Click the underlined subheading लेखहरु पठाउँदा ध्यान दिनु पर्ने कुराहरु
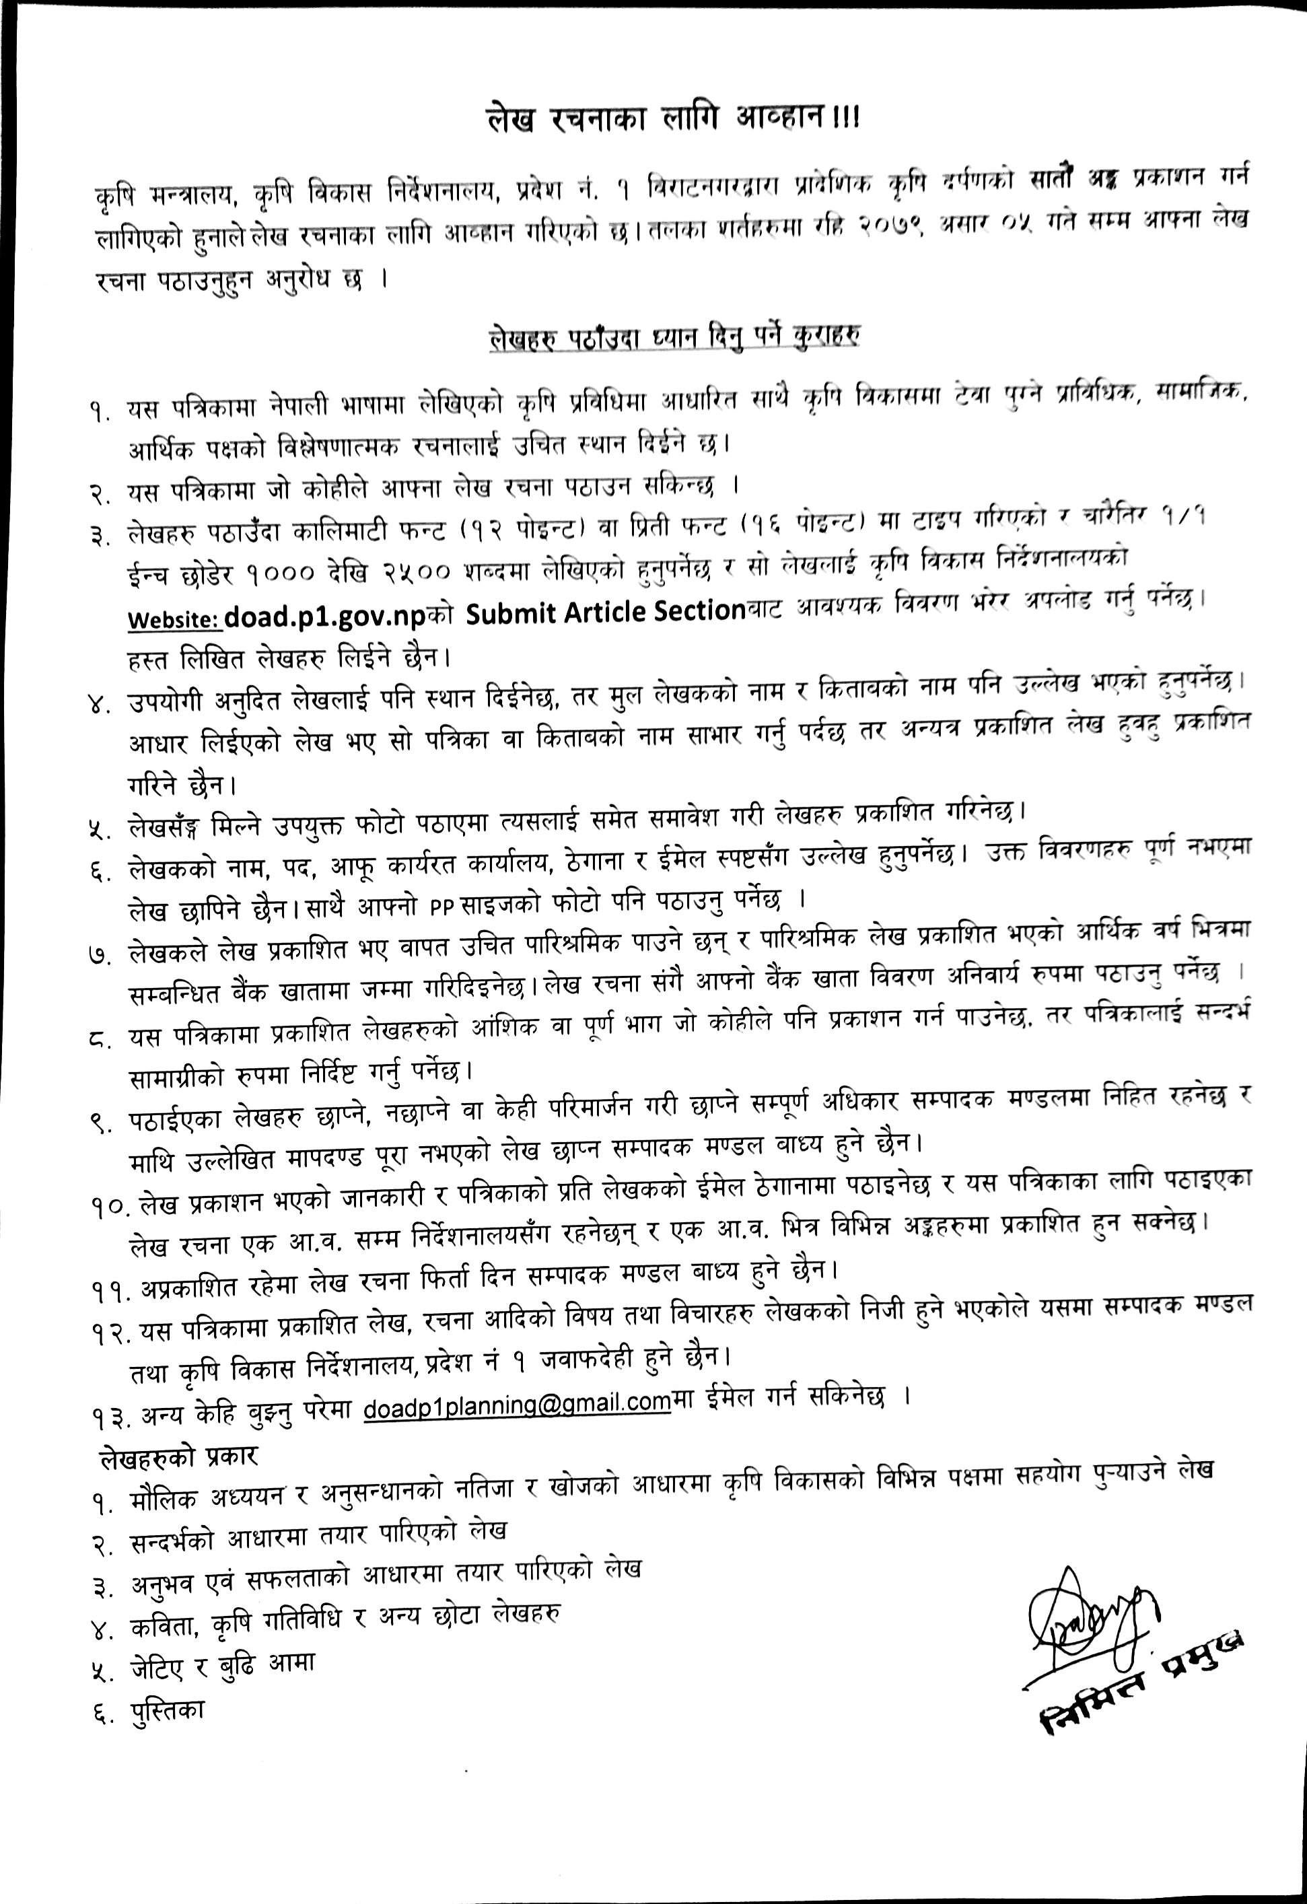tap(673, 337)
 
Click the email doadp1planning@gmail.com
tap(516, 1403)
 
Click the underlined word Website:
tap(174, 619)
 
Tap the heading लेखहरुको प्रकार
tap(178, 1456)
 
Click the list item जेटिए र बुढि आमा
tap(222, 1665)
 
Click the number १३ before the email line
tap(112, 1415)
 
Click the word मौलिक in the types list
tap(164, 1497)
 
